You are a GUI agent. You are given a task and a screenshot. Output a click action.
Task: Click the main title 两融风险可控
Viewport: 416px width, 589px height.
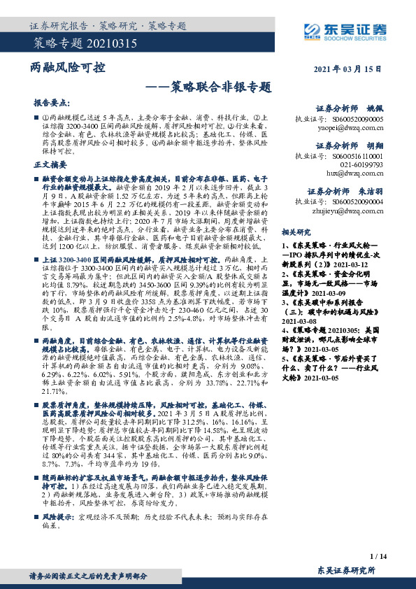tap(69, 69)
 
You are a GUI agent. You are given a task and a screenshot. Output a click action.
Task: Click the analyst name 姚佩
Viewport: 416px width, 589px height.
tap(375, 109)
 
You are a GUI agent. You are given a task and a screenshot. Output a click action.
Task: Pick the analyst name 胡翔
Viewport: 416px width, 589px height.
tap(375, 146)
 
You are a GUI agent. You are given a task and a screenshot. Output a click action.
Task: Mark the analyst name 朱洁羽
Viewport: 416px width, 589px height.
tap(371, 190)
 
